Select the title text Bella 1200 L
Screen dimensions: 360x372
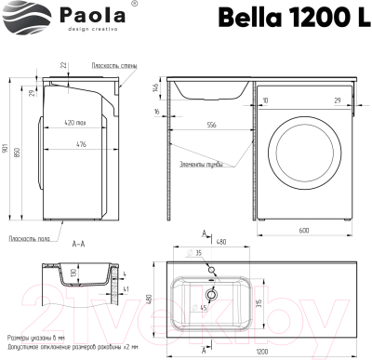point(288,16)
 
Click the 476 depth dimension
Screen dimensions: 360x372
point(83,143)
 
